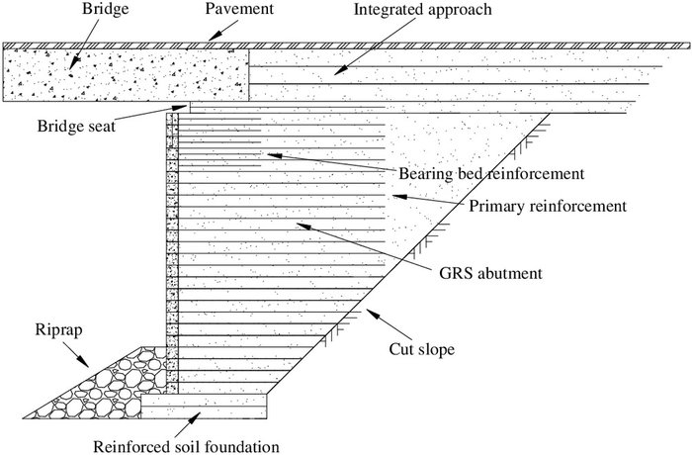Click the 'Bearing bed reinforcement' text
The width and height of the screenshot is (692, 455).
491,174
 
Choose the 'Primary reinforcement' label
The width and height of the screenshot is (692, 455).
548,207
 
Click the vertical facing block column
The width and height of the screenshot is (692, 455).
172,247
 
